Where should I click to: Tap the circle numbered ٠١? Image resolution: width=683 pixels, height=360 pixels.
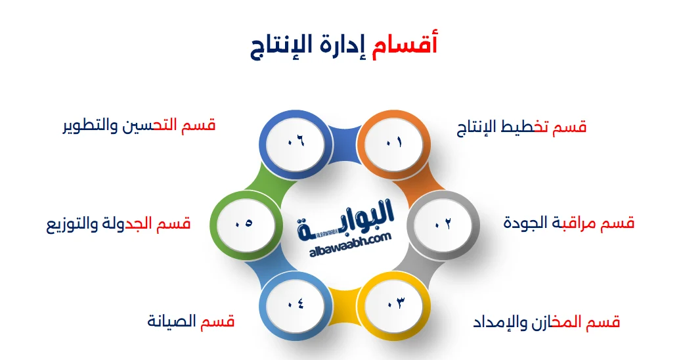tap(393, 143)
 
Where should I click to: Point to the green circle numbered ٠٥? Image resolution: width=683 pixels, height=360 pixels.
tap(243, 223)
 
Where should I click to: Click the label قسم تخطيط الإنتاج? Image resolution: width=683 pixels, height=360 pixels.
tap(521, 127)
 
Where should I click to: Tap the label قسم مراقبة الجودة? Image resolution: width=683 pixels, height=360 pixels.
tap(569, 223)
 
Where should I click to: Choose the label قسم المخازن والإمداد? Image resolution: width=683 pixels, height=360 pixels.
tap(546, 322)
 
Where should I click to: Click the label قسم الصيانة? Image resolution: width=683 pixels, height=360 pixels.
tap(190, 322)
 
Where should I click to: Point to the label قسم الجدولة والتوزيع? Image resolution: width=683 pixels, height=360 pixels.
tap(118, 224)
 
